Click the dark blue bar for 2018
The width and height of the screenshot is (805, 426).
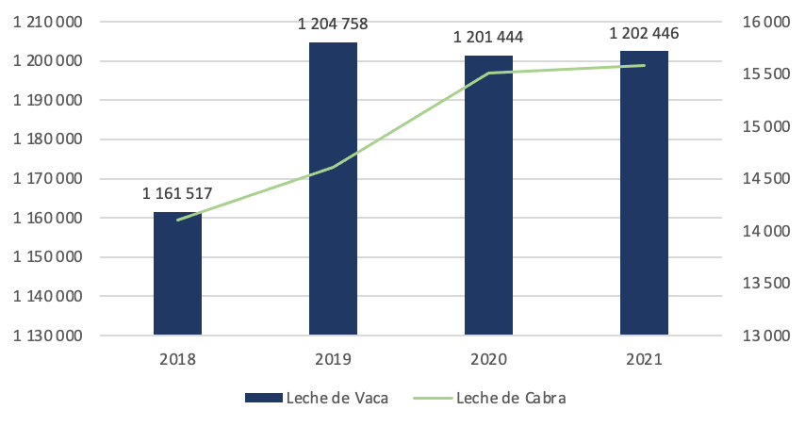click(177, 273)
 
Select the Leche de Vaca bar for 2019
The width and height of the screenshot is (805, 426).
click(333, 188)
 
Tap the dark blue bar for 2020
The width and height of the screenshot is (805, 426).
click(488, 195)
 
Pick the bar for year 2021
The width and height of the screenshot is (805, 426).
click(645, 193)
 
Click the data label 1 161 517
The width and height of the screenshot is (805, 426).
click(177, 193)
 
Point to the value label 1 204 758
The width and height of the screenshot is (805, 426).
click(333, 25)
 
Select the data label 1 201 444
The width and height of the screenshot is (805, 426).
click(488, 37)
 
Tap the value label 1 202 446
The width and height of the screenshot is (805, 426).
click(644, 33)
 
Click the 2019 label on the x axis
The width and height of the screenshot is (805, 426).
click(333, 359)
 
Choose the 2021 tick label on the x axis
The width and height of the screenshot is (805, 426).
click(645, 359)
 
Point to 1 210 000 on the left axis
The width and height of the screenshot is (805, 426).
click(48, 22)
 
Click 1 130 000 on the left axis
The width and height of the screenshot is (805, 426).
click(48, 336)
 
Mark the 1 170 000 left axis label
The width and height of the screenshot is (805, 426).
click(48, 179)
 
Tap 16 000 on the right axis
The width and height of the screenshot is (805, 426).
click(766, 22)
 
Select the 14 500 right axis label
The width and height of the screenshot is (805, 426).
click(766, 179)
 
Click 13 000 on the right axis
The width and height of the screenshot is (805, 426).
click(766, 336)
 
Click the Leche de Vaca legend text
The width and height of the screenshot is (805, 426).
click(337, 398)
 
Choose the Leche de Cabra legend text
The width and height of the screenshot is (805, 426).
click(511, 398)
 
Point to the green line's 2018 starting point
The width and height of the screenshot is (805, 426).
click(177, 221)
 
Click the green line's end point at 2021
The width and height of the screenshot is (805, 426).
click(645, 65)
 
